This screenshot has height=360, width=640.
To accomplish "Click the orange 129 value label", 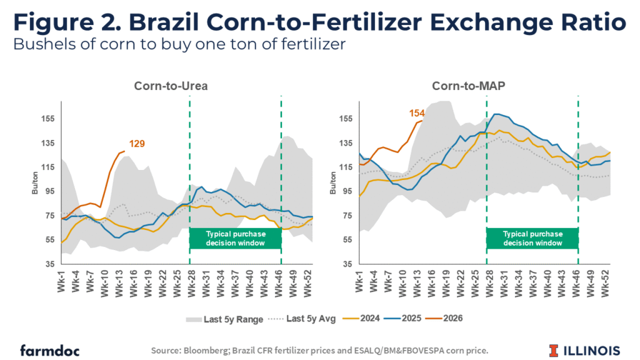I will [x=137, y=144].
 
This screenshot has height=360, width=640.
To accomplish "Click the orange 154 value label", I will [x=417, y=113].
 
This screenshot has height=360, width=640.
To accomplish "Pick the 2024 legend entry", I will [x=349, y=319].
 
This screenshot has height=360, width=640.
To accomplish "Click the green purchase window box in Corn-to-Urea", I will [x=235, y=238].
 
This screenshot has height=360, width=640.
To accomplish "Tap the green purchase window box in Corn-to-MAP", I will [x=532, y=238].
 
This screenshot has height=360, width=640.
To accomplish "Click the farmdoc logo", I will [x=49, y=349].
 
